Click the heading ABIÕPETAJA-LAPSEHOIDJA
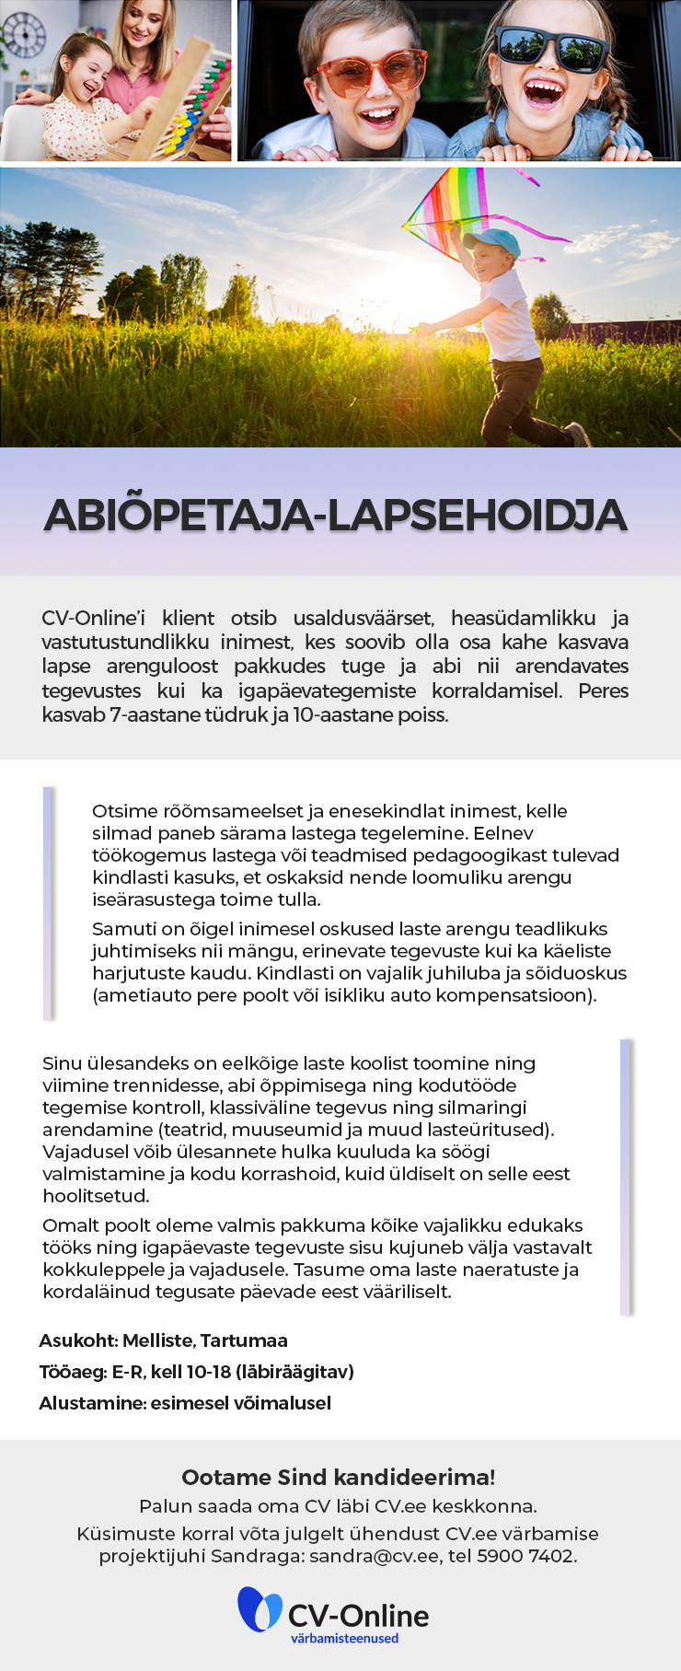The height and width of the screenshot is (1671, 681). coord(336,515)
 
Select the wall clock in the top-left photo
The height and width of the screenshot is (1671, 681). coord(23,34)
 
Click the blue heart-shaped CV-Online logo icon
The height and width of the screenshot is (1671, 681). coord(260,1608)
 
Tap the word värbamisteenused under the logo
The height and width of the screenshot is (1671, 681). coord(344,1638)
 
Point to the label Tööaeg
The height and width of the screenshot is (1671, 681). coord(72,1372)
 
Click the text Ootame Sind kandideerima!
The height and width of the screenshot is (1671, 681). coord(339,1477)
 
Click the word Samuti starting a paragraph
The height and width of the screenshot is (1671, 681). coord(122,929)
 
